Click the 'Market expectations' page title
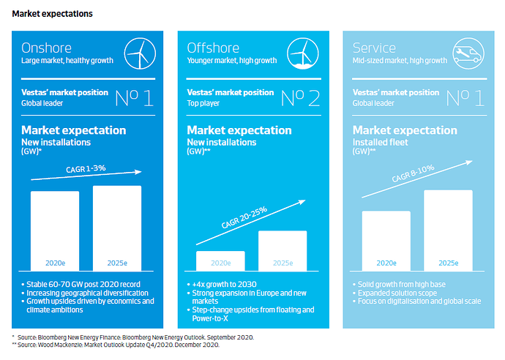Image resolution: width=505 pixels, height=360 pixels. pyautogui.click(x=52, y=13)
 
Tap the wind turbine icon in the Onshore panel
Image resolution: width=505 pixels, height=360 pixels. pyautogui.click(x=140, y=53)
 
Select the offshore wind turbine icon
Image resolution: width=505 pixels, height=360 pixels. pyautogui.click(x=303, y=53)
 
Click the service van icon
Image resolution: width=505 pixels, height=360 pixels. pyautogui.click(x=468, y=53)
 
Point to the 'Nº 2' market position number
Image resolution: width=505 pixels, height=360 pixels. pyautogui.click(x=301, y=98)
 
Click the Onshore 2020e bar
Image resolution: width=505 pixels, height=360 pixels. pyautogui.click(x=55, y=231)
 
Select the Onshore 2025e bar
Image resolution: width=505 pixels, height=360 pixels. pyautogui.click(x=117, y=228)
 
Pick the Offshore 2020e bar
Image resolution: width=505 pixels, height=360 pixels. pyautogui.click(x=220, y=260)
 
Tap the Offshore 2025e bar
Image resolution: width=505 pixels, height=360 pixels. pyautogui.click(x=283, y=251)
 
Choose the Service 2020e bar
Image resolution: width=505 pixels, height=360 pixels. pyautogui.click(x=386, y=241)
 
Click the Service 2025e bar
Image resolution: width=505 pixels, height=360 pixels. pyautogui.click(x=449, y=230)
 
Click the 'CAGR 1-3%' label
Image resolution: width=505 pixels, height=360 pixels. pyautogui.click(x=86, y=169)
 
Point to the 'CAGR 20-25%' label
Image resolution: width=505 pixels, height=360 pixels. pyautogui.click(x=244, y=217)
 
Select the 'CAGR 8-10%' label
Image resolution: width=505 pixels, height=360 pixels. pyautogui.click(x=414, y=173)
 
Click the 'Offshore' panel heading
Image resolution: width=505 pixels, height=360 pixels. pyautogui.click(x=213, y=48)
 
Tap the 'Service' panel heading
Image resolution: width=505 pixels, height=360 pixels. pyautogui.click(x=374, y=48)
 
